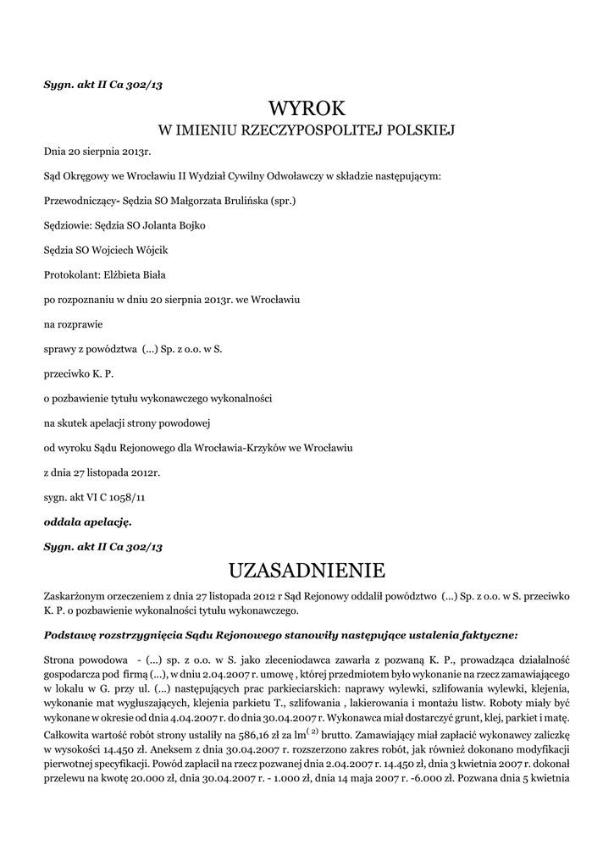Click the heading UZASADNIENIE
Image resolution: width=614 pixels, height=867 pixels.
pos(307,568)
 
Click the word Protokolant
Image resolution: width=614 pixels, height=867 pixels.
pos(70,275)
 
